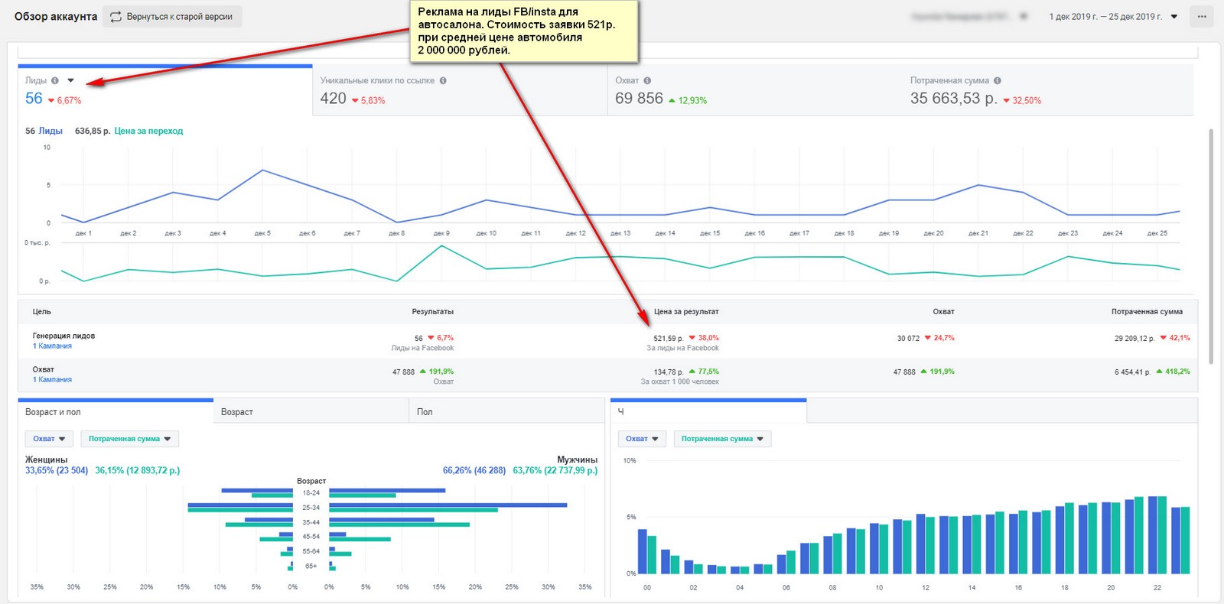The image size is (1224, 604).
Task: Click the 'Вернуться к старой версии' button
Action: point(172,17)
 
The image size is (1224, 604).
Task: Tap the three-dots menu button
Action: point(1202,17)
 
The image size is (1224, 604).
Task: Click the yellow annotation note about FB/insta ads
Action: point(523,31)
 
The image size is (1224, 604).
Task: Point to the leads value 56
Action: point(34,99)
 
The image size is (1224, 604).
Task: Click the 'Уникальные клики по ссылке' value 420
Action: point(333,99)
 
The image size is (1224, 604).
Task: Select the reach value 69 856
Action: point(639,99)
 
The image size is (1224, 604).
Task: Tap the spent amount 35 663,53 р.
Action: point(953,99)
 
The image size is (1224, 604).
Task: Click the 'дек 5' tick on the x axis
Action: point(262,233)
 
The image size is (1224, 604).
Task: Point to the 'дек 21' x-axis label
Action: point(978,233)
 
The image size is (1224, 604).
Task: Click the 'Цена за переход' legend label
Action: point(148,131)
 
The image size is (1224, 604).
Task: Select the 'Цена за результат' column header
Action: point(686,312)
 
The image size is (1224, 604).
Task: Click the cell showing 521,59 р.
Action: point(669,338)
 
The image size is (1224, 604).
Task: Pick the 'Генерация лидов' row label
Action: point(63,336)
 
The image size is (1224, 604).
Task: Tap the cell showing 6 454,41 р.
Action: point(1132,372)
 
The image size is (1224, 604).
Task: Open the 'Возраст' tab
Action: point(237,412)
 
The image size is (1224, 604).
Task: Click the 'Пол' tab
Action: point(425,412)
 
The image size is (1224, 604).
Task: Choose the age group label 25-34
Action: point(311,508)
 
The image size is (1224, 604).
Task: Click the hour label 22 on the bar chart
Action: point(1157,588)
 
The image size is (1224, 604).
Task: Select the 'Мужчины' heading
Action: point(577,459)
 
